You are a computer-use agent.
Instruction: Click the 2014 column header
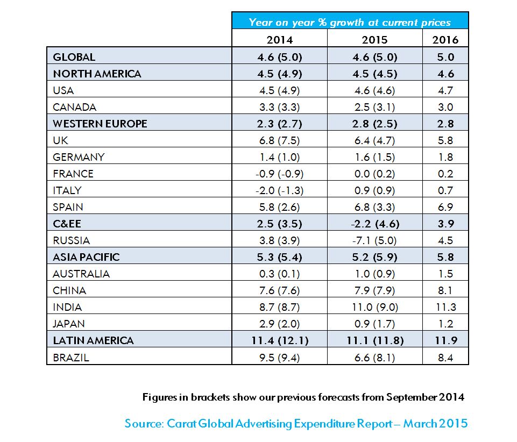[279, 40]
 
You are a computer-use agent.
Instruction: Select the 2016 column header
[445, 40]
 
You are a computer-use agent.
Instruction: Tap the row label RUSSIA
[72, 240]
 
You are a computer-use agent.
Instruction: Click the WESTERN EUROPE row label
[100, 124]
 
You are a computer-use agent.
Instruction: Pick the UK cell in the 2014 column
[279, 140]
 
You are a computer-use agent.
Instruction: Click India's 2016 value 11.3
[445, 307]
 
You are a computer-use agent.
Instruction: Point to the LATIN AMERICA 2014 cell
[279, 340]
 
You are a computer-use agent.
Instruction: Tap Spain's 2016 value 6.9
[445, 207]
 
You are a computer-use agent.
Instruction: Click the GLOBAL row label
[74, 57]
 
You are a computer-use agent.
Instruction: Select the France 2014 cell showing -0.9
[279, 174]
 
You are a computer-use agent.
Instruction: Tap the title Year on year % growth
[350, 22]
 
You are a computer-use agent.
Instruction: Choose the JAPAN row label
[69, 324]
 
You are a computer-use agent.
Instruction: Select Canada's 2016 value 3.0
[445, 107]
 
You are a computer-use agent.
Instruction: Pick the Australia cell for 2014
[279, 274]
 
